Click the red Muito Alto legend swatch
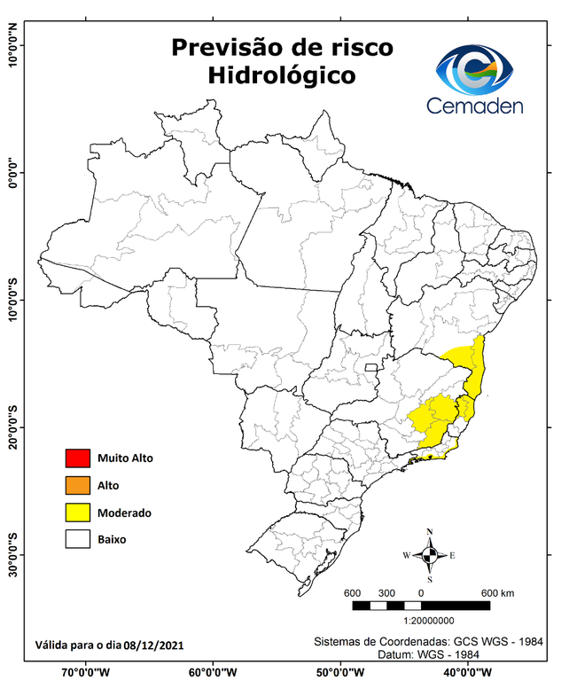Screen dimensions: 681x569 [x=78, y=458]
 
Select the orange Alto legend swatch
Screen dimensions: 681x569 [x=78, y=485]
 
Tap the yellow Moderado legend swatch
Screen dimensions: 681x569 [x=78, y=512]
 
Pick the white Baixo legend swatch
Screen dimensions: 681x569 [x=78, y=538]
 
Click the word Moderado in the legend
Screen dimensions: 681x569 [x=125, y=513]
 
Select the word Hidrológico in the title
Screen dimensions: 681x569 [x=282, y=76]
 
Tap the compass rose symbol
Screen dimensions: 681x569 [x=429, y=556]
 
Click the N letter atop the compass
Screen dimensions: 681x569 [x=429, y=533]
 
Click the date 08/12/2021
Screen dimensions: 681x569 [x=154, y=644]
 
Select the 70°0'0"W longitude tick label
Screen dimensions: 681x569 [x=85, y=671]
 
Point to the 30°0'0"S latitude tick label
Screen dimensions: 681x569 [x=13, y=553]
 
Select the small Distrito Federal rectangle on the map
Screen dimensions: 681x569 [x=372, y=364]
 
